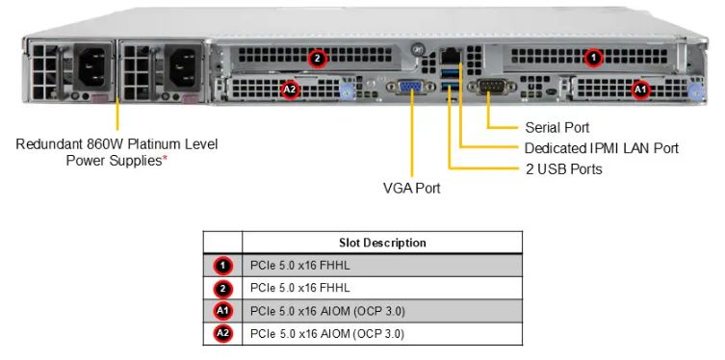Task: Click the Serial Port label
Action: (557, 127)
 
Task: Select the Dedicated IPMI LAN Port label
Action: (601, 148)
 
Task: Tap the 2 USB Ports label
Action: (563, 169)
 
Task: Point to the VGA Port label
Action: (411, 188)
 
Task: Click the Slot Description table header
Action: (381, 243)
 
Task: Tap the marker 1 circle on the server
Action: (594, 58)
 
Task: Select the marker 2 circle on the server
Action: (318, 58)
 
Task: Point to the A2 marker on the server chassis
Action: (290, 90)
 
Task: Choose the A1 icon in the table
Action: (222, 311)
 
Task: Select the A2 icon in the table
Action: (222, 334)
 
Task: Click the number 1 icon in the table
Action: (222, 265)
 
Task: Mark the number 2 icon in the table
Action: (222, 288)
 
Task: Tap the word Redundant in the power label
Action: (48, 144)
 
